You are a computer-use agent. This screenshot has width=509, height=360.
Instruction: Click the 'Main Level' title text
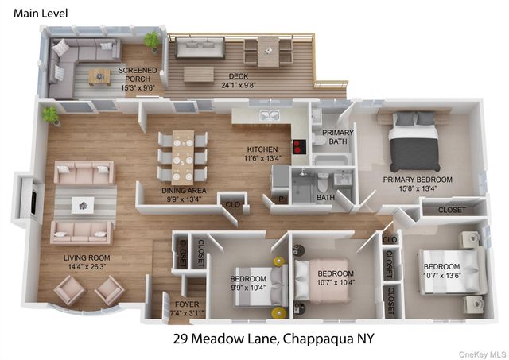pyautogui.click(x=41, y=13)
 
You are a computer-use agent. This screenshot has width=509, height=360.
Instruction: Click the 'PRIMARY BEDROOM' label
pyautogui.click(x=418, y=180)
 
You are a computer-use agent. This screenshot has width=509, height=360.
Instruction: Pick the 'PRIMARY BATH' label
pyautogui.click(x=338, y=137)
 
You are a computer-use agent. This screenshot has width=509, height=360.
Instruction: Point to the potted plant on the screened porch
pyautogui.click(x=150, y=40)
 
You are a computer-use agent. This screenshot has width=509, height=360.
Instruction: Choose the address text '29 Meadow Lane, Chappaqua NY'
pyautogui.click(x=273, y=339)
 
